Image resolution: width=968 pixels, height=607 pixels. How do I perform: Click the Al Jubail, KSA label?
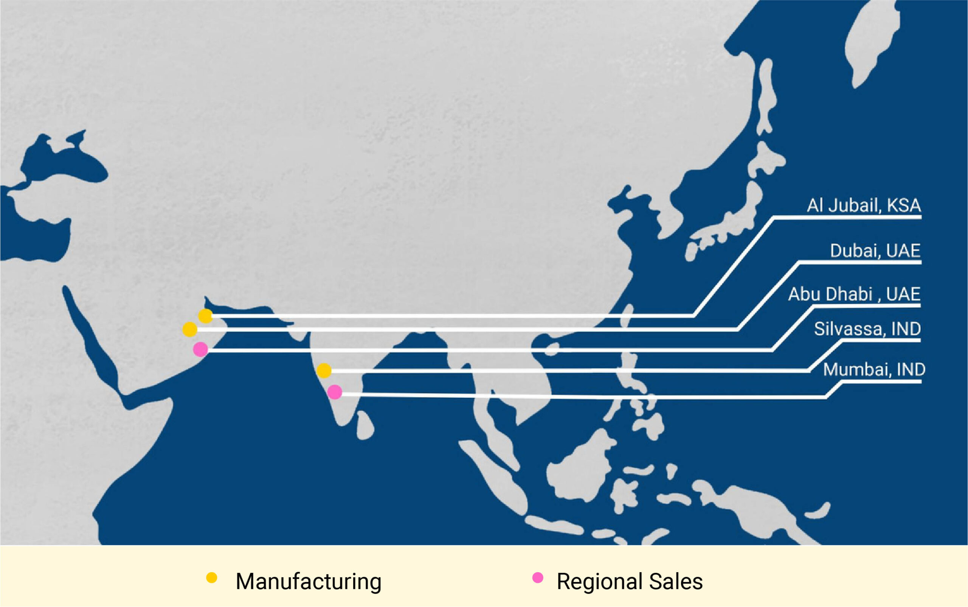pyautogui.click(x=864, y=205)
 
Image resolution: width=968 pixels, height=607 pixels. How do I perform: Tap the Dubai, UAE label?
pyautogui.click(x=875, y=251)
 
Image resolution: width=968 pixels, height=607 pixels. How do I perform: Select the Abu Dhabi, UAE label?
pyautogui.click(x=854, y=294)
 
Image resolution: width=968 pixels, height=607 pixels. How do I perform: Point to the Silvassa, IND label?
pyautogui.click(x=867, y=329)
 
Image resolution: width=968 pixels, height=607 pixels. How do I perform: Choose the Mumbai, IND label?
pyautogui.click(x=874, y=369)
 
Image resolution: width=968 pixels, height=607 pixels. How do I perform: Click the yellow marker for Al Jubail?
pyautogui.click(x=205, y=316)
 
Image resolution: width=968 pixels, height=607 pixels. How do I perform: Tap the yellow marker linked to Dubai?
pyautogui.click(x=190, y=330)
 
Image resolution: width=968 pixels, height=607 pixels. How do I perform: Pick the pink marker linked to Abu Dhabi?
pyautogui.click(x=200, y=349)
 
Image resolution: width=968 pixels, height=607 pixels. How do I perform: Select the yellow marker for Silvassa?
pyautogui.click(x=324, y=370)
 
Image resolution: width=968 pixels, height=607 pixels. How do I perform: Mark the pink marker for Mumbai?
pyautogui.click(x=335, y=392)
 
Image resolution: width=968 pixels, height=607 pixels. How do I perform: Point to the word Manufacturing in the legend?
pyautogui.click(x=308, y=582)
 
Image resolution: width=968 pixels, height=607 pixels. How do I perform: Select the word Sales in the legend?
pyautogui.click(x=676, y=582)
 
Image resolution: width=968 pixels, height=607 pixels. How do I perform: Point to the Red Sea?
pyautogui.click(x=96, y=353)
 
